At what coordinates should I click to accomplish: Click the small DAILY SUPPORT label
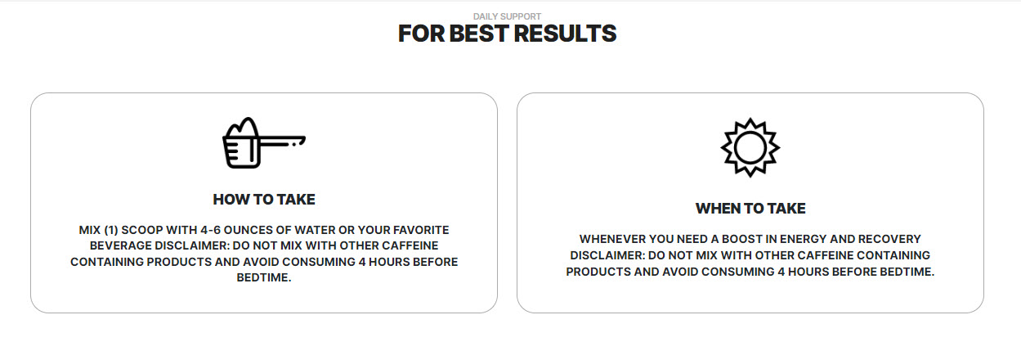(x=507, y=16)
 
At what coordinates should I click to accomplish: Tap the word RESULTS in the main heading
(x=565, y=34)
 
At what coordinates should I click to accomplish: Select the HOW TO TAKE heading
(x=264, y=200)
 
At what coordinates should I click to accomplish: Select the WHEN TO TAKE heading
(x=750, y=209)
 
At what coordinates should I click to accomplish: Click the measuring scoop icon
(x=263, y=143)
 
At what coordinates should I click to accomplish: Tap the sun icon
(x=750, y=147)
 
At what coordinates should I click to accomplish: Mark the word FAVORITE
(x=421, y=230)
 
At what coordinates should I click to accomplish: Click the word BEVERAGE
(x=120, y=245)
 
